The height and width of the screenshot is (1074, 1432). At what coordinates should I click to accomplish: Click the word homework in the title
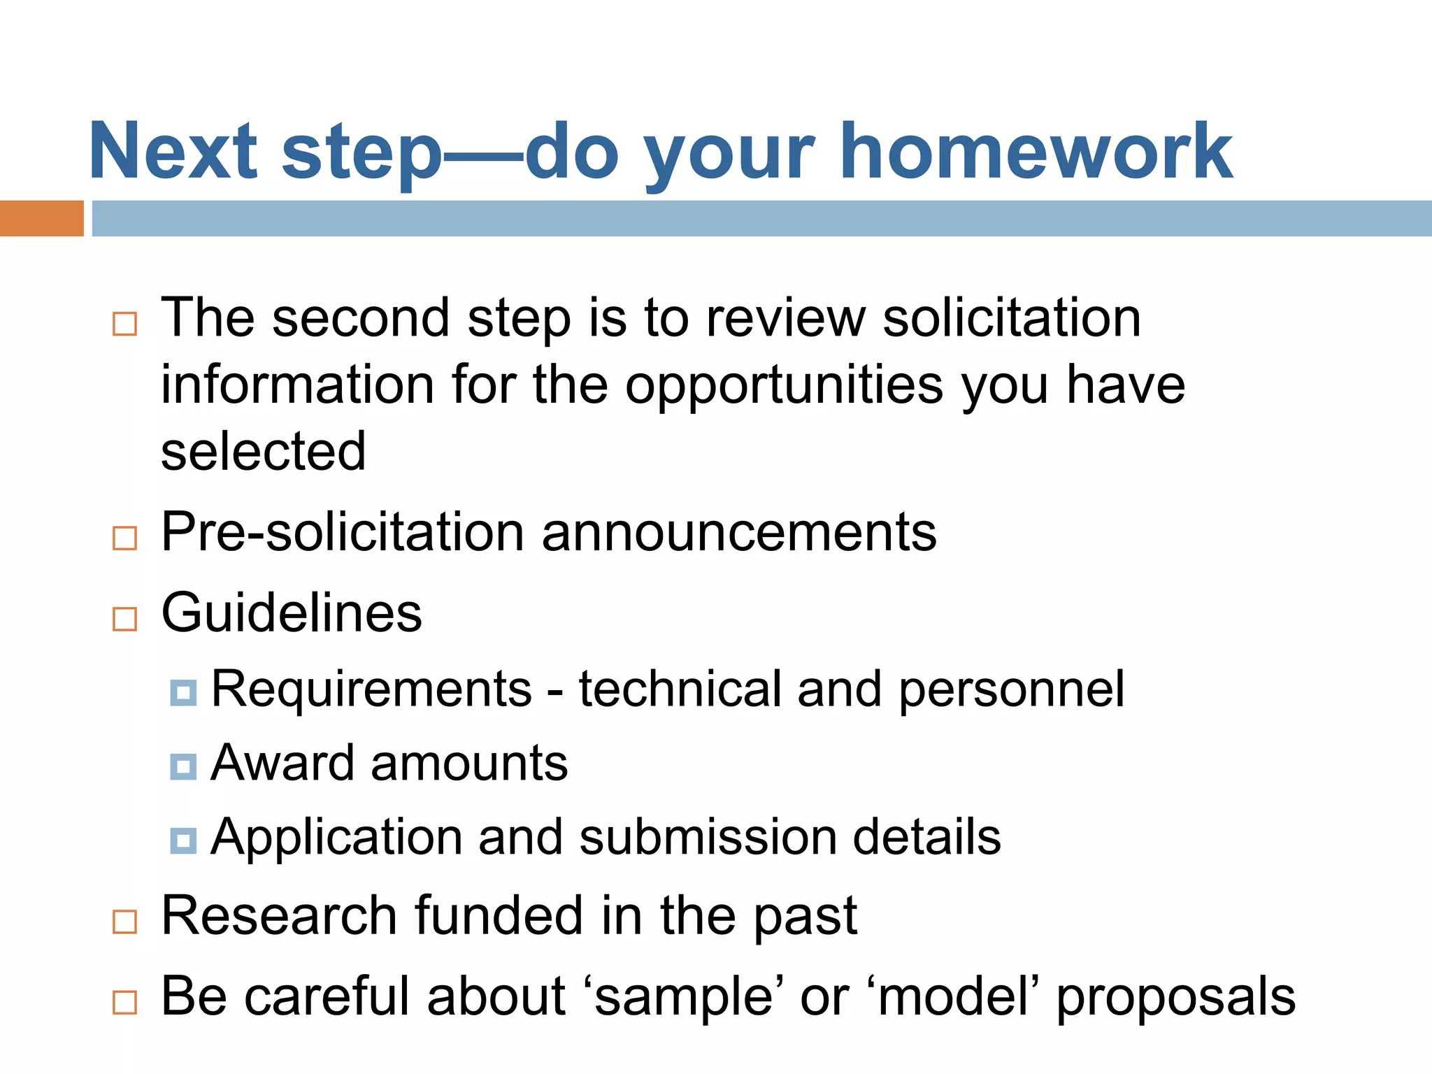pyautogui.click(x=1036, y=152)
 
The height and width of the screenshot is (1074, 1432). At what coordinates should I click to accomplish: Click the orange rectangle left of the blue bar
pyautogui.click(x=41, y=218)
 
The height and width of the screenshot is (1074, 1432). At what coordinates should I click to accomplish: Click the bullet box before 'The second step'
pyautogui.click(x=124, y=324)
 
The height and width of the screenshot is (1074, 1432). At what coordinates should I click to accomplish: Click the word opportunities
pyautogui.click(x=784, y=385)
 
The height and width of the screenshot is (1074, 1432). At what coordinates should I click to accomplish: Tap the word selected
pyautogui.click(x=264, y=452)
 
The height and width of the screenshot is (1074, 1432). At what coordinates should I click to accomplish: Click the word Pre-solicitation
pyautogui.click(x=342, y=532)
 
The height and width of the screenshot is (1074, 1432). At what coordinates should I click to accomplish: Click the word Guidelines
pyautogui.click(x=292, y=613)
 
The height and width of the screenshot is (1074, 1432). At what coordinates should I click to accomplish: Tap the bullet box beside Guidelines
pyautogui.click(x=124, y=619)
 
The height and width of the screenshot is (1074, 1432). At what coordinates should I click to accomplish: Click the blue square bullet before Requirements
pyautogui.click(x=183, y=693)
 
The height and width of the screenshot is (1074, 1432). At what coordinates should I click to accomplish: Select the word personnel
pyautogui.click(x=1011, y=689)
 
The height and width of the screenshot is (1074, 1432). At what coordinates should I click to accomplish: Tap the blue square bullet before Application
pyautogui.click(x=183, y=840)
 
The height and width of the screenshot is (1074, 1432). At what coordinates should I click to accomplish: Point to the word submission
pyautogui.click(x=708, y=837)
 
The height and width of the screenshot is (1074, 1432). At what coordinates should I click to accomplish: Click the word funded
pyautogui.click(x=499, y=915)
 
